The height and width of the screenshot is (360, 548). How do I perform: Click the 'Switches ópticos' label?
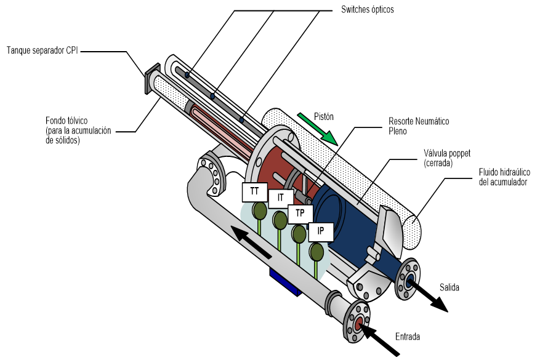click(x=368, y=9)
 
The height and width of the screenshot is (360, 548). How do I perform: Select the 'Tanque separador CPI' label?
click(x=42, y=50)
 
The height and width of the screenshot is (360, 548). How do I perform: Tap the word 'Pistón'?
click(x=324, y=117)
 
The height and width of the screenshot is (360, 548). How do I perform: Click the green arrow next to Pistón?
click(x=318, y=129)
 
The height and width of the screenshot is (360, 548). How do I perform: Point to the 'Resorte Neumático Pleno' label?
click(x=419, y=126)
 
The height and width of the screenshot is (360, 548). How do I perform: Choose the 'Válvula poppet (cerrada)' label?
click(x=447, y=158)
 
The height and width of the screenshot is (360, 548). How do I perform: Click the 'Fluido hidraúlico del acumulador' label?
click(x=504, y=177)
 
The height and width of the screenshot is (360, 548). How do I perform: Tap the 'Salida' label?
click(x=449, y=287)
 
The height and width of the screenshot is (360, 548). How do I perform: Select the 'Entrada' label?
click(x=408, y=337)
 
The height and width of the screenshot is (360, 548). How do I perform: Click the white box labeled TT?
click(x=255, y=192)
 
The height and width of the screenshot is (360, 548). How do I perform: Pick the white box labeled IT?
click(x=281, y=198)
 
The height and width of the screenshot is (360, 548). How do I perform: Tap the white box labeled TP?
click(x=300, y=214)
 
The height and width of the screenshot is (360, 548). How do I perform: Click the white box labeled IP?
click(x=320, y=231)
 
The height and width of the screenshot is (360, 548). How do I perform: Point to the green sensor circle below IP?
click(x=316, y=252)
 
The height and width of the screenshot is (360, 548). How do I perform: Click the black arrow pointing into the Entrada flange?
click(x=379, y=338)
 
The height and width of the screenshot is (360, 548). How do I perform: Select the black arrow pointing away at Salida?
click(x=427, y=295)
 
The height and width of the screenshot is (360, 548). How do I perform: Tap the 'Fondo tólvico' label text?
click(x=66, y=121)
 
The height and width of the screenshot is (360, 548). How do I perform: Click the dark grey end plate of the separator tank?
click(x=152, y=79)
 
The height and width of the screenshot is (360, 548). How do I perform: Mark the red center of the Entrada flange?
click(x=358, y=323)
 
